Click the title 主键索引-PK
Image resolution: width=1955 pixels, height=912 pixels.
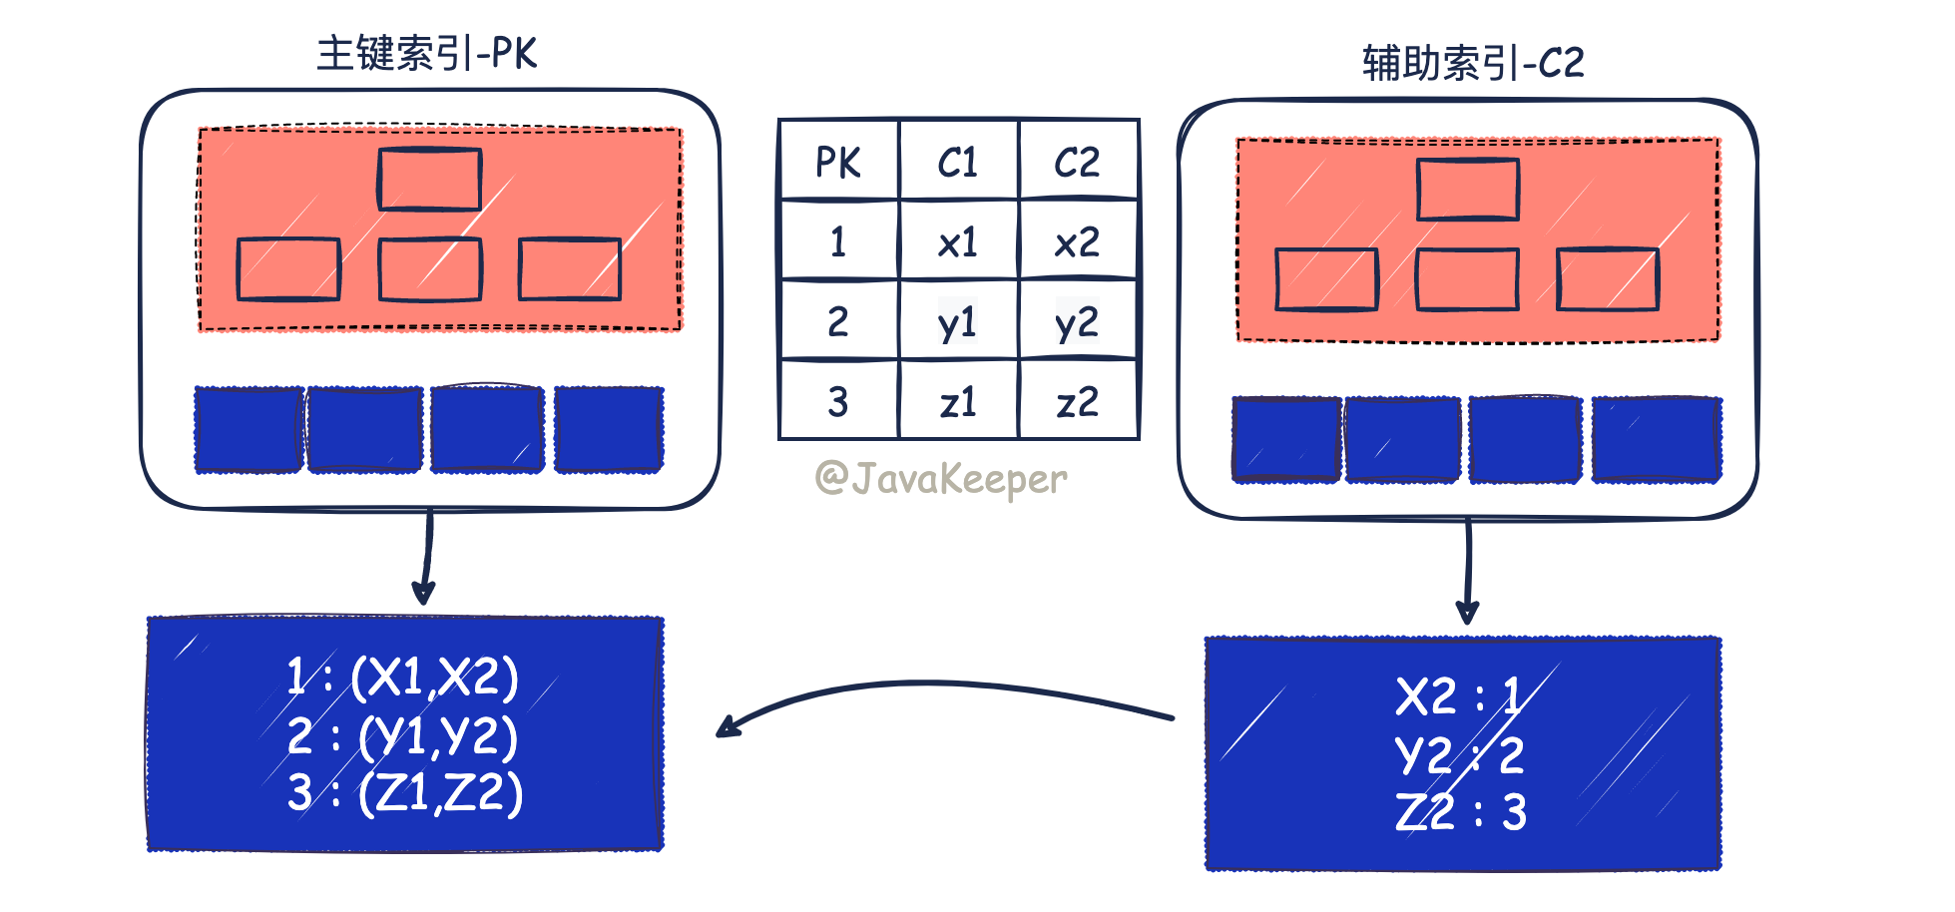(427, 54)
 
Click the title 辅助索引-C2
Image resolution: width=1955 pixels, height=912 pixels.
(1473, 64)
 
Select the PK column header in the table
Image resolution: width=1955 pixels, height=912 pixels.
(838, 162)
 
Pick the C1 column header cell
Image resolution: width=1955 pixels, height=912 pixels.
(958, 162)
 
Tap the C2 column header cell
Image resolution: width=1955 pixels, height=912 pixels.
(1078, 162)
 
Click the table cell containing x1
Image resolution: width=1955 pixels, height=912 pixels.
(958, 241)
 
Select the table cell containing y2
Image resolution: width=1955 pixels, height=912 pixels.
(1078, 321)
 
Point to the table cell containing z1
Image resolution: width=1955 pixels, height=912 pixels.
(958, 401)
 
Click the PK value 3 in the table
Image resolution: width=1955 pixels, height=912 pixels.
(838, 401)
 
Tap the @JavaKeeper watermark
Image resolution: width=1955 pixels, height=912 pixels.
(941, 479)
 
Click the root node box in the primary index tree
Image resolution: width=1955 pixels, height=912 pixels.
(430, 180)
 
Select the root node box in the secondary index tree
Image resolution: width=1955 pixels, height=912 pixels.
(1468, 190)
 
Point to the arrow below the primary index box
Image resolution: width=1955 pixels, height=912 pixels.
(426, 559)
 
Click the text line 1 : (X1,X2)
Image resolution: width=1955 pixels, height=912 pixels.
(403, 678)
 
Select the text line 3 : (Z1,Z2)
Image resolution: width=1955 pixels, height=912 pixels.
(405, 794)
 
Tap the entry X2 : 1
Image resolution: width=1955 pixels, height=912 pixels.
(1459, 695)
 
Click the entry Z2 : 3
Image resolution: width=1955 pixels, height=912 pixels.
(1461, 812)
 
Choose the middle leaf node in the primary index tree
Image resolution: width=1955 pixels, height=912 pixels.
(430, 269)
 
